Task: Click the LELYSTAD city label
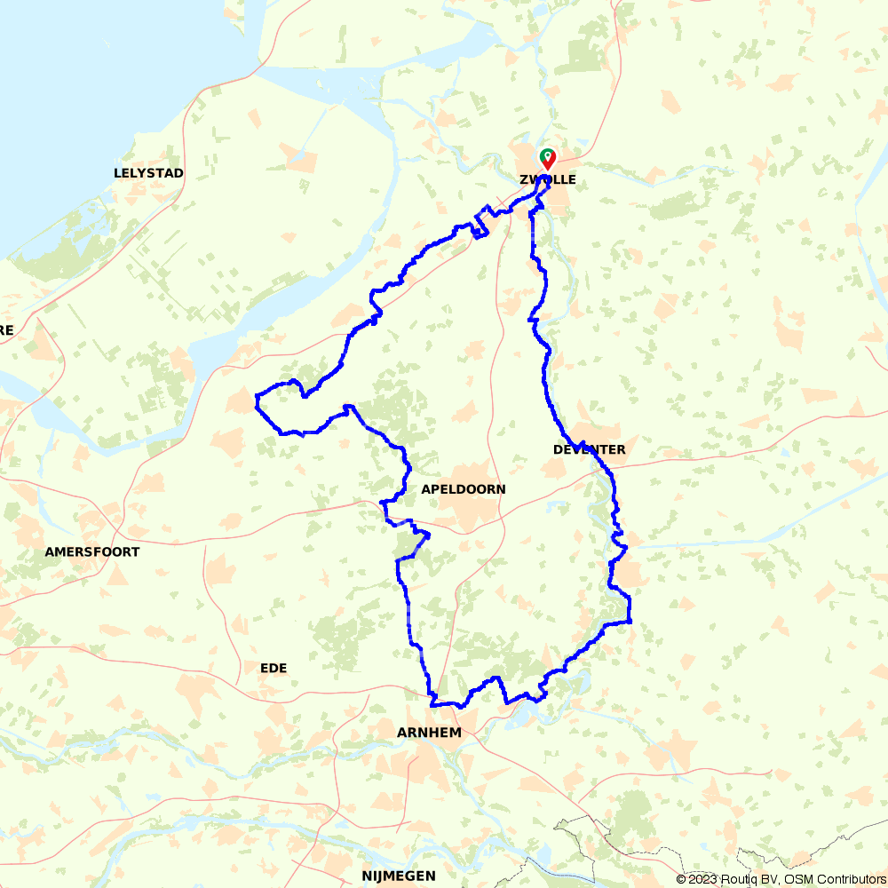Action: (148, 173)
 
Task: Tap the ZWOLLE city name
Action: (547, 179)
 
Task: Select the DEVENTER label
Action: (589, 449)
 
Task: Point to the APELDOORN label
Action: (464, 489)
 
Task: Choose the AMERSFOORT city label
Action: (92, 551)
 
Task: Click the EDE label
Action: (274, 668)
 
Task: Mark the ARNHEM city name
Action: (430, 733)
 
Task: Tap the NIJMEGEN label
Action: (398, 876)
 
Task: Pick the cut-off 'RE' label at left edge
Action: (6, 330)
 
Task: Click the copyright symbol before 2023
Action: (681, 879)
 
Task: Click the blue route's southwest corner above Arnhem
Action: (432, 704)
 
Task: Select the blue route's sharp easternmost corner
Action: (630, 621)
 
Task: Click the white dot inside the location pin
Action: (549, 156)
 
